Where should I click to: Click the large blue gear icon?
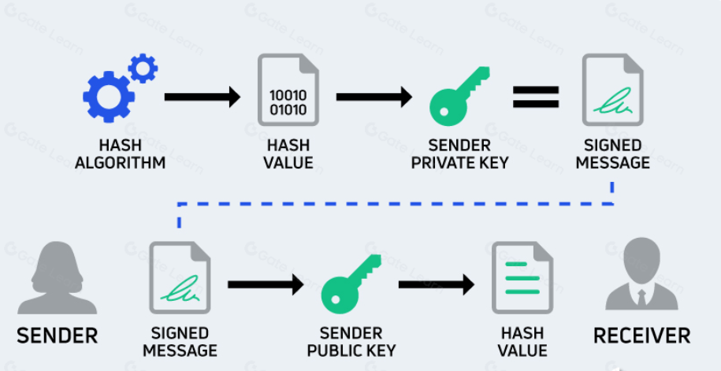108,96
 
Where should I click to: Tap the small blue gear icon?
143,68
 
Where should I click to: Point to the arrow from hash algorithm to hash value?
202,98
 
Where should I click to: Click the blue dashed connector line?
394,204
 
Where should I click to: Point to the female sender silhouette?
56,277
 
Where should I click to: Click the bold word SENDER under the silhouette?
57,335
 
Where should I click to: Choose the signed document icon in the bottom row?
180,278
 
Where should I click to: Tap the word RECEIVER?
641,335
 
